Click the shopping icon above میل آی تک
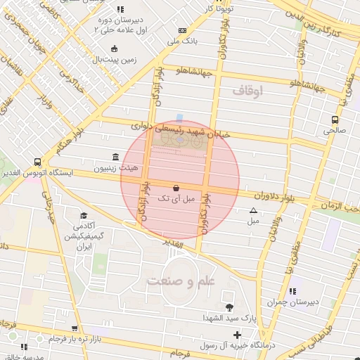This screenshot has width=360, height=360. (175, 188)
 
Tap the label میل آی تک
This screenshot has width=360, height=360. (175, 200)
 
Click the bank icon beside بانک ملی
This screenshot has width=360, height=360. (183, 31)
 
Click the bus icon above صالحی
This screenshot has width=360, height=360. (335, 120)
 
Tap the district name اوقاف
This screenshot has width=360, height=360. (247, 90)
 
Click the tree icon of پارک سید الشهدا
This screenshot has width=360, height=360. (229, 307)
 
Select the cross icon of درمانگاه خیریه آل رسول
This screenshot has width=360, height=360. (237, 335)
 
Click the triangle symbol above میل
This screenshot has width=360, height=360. (253, 210)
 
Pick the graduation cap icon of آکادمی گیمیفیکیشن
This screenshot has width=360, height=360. (84, 215)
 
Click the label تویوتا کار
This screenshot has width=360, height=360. (219, 8)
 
